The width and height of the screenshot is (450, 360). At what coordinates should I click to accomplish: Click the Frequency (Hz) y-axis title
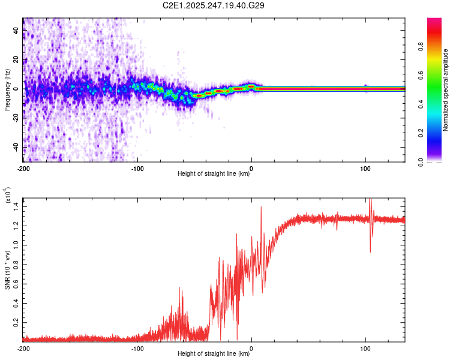7,89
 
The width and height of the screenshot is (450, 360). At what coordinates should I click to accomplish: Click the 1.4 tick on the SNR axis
17,206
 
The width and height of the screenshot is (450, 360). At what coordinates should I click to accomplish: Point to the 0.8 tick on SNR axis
17,264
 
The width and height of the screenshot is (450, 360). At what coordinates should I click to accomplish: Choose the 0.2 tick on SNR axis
17,322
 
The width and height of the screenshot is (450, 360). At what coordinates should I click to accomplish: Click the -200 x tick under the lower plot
23,348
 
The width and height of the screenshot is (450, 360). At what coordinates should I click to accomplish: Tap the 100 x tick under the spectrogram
365,168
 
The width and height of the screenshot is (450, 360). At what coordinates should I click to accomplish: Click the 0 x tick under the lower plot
251,348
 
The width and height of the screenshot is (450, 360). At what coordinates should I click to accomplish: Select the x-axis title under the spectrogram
214,174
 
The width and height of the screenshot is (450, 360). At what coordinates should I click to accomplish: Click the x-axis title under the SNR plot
214,354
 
